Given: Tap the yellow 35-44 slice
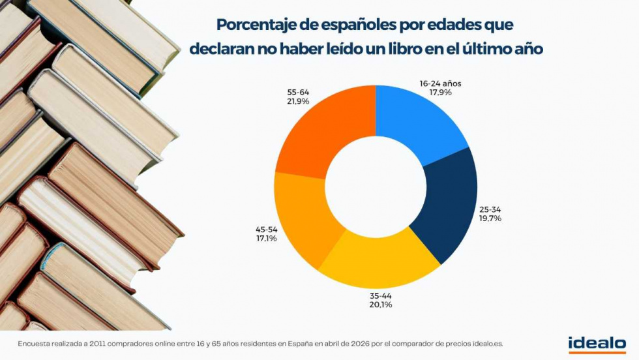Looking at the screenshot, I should [x=381, y=264].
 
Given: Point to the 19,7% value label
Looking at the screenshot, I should [x=490, y=218].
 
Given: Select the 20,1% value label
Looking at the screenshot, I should [x=381, y=304].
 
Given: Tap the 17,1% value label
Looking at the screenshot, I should [x=266, y=239].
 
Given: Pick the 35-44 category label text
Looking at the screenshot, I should [x=381, y=295].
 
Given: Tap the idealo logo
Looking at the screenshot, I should [x=597, y=344].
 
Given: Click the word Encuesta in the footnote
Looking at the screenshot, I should [x=33, y=343].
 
